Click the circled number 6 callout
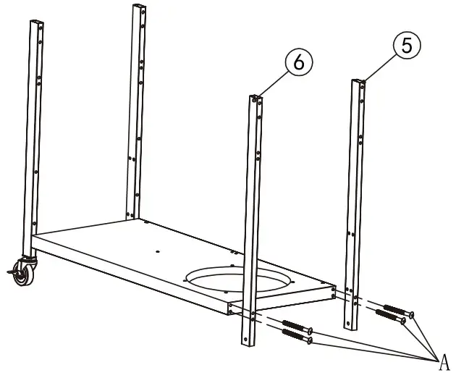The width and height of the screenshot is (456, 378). point(298,63)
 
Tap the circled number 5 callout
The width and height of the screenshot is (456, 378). point(406,46)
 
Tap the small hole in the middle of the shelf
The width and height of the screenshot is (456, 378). point(159,252)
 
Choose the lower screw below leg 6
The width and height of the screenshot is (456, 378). point(296,337)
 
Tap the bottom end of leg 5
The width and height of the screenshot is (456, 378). point(351,327)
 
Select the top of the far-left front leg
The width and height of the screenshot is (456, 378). point(36,22)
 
